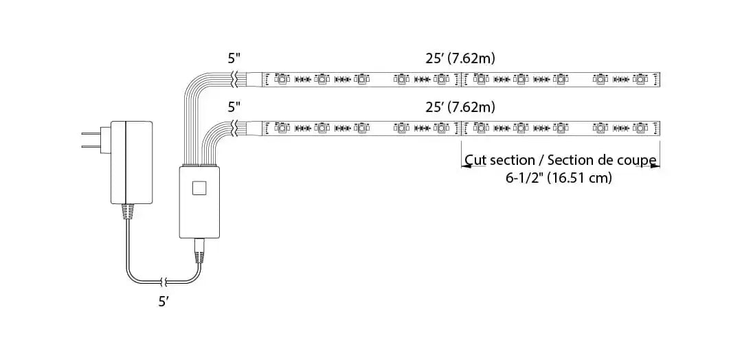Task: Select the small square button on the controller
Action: click(199, 188)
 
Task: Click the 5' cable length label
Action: click(164, 301)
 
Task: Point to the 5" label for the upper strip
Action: click(235, 59)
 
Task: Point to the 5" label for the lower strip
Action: click(235, 107)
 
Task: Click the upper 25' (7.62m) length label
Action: click(460, 59)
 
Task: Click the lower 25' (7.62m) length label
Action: click(460, 107)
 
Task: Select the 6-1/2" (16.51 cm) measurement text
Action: click(558, 178)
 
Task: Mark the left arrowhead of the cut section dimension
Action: click(465, 166)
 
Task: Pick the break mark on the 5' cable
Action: click(164, 281)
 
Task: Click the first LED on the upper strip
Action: click(281, 80)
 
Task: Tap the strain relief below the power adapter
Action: click(127, 212)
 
